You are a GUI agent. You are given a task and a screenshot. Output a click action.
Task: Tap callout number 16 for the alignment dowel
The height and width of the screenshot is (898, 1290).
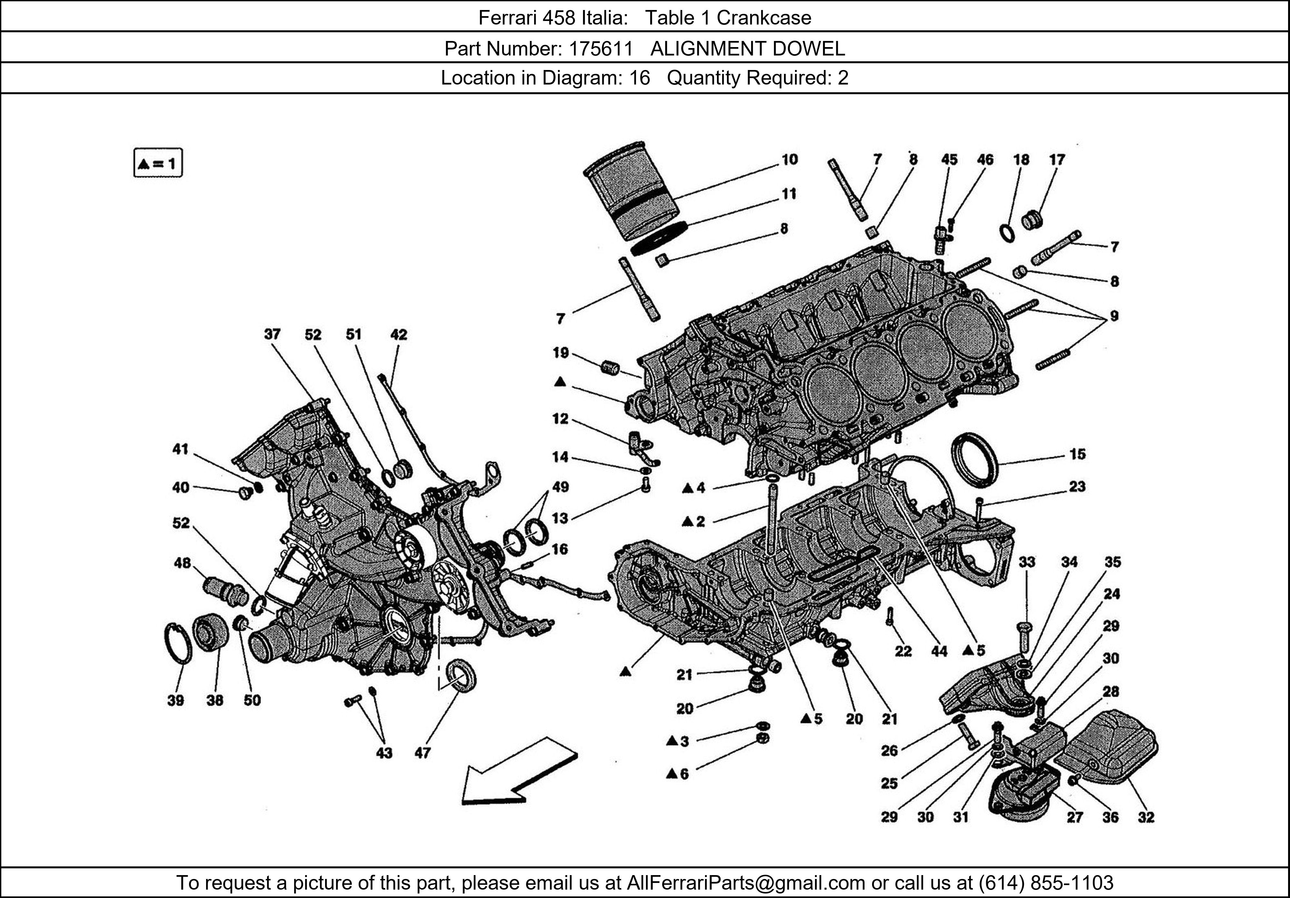pyautogui.click(x=560, y=549)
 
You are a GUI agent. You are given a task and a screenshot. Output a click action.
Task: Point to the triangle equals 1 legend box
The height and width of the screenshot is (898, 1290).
pyautogui.click(x=158, y=164)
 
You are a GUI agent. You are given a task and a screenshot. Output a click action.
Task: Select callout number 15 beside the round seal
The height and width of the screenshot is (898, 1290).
pyautogui.click(x=1077, y=454)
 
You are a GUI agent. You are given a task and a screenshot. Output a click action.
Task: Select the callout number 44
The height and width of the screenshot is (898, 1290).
pyautogui.click(x=939, y=651)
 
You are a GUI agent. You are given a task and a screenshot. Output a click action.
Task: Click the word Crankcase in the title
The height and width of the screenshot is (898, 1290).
pyautogui.click(x=764, y=18)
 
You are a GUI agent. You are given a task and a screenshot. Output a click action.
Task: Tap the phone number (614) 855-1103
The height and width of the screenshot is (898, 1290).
pyautogui.click(x=1046, y=883)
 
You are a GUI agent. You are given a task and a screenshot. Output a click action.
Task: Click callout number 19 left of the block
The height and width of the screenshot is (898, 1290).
pyautogui.click(x=560, y=353)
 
